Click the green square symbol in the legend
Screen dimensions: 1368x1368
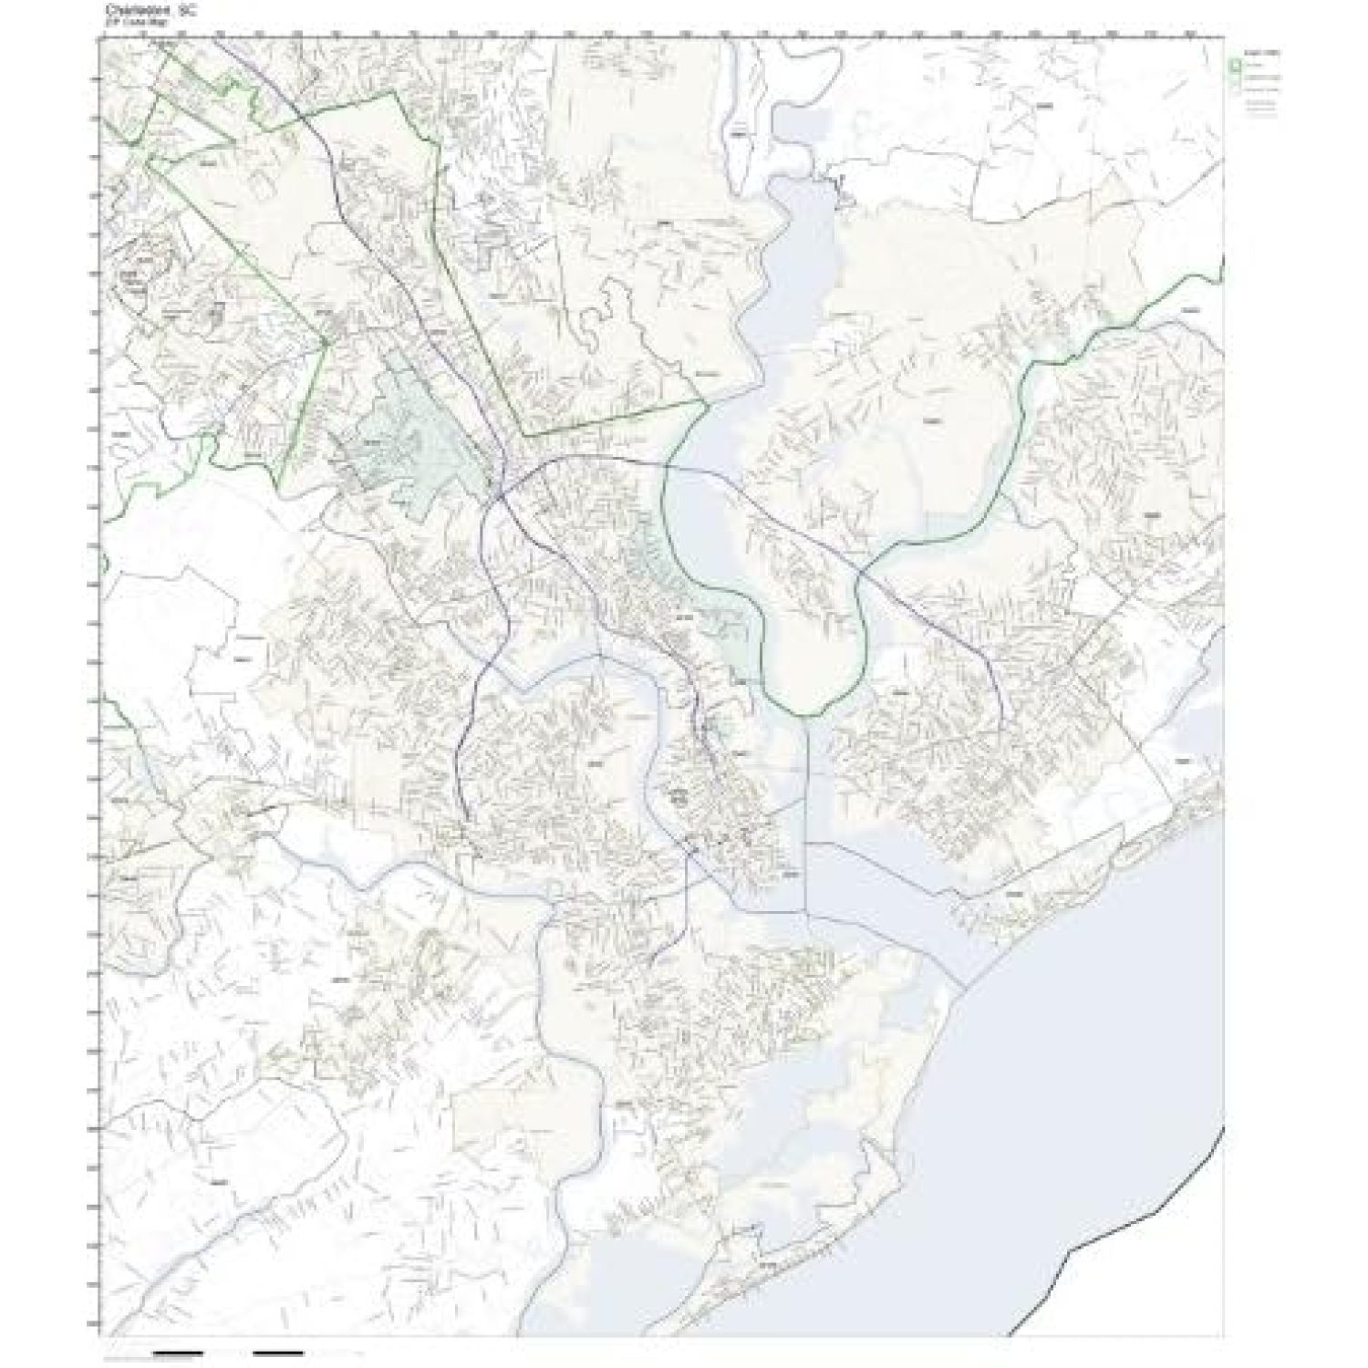pos(1235,65)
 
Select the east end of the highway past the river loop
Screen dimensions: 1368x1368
pos(1001,730)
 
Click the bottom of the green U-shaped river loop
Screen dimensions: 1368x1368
pos(807,715)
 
